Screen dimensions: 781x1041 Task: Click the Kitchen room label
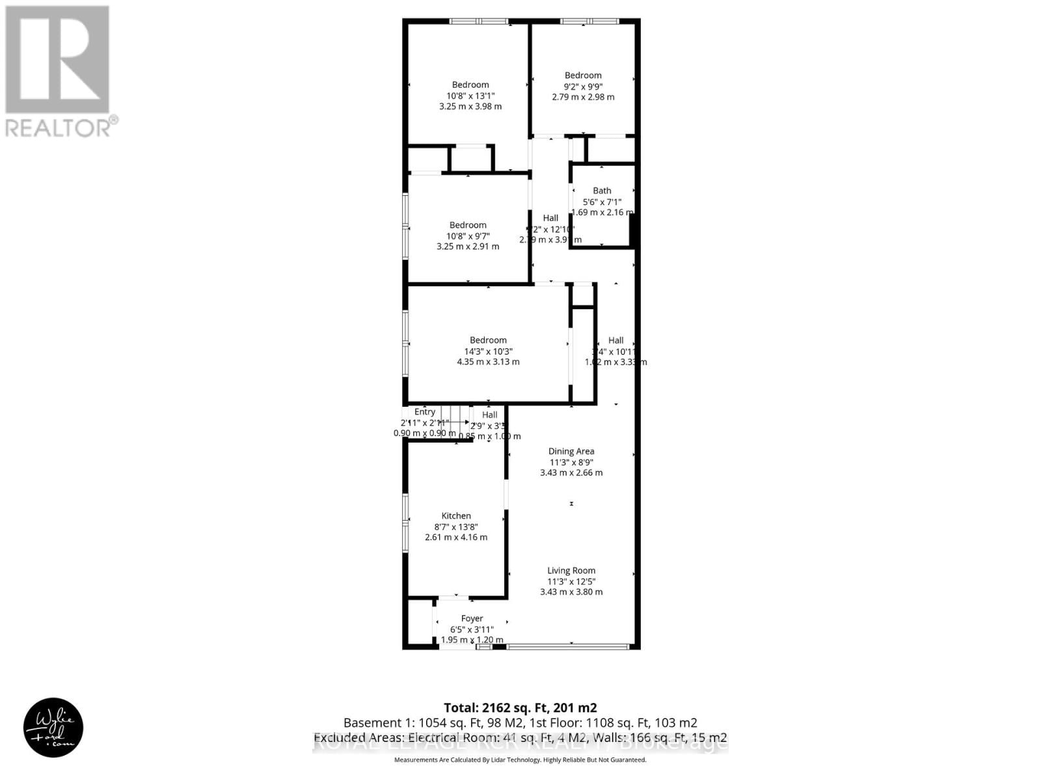(x=456, y=516)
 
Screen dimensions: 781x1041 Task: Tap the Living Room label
(x=571, y=571)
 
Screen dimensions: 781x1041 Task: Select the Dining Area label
(x=571, y=451)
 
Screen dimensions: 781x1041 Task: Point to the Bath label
(x=602, y=191)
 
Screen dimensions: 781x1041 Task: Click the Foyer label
(x=472, y=619)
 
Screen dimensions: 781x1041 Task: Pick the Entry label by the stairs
(x=425, y=412)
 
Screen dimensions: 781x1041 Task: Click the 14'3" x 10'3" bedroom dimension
(x=488, y=351)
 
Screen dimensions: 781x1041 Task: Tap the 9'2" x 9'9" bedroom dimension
(x=583, y=86)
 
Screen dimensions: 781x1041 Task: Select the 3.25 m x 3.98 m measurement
(x=470, y=106)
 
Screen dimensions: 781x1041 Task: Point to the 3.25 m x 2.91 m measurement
(x=468, y=247)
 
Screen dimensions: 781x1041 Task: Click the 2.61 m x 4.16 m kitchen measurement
(x=456, y=538)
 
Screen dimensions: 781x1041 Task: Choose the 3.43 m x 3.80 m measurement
(x=571, y=592)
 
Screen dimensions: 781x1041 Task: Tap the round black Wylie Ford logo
(x=53, y=728)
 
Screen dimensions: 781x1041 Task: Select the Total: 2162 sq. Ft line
(x=520, y=707)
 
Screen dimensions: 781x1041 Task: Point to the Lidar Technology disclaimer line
(x=520, y=760)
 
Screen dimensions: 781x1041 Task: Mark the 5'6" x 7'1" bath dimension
(x=602, y=202)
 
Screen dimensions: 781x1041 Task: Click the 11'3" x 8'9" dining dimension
(x=571, y=462)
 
